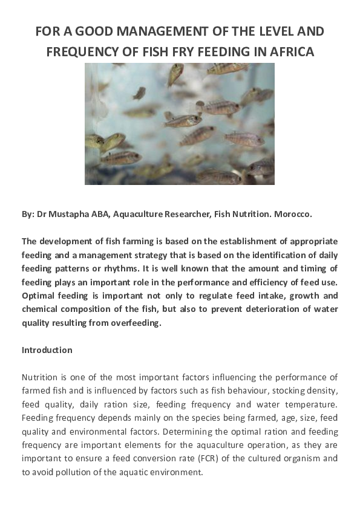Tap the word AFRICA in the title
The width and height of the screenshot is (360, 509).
[292, 52]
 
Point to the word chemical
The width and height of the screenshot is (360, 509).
[39, 310]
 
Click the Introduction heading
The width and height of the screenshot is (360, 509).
[47, 350]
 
